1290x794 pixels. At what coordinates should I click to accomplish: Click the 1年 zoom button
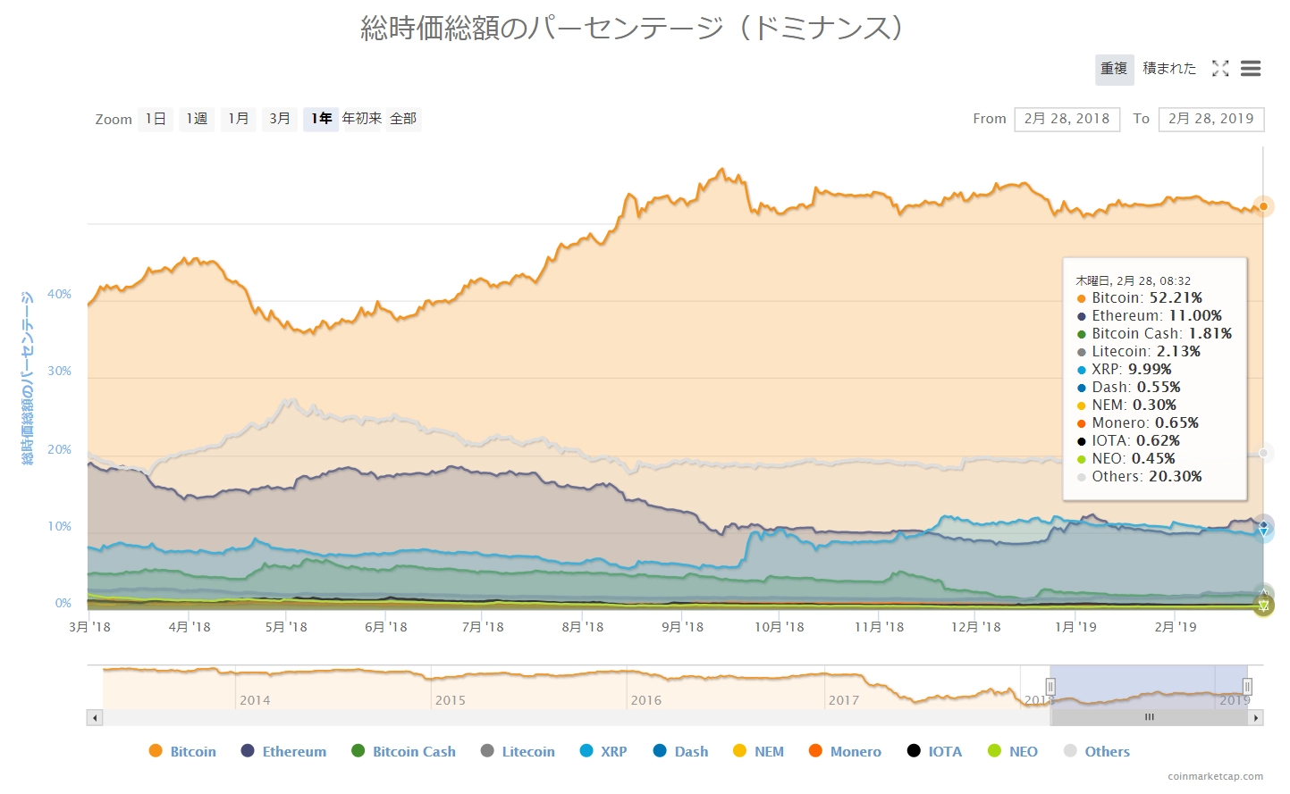tap(321, 119)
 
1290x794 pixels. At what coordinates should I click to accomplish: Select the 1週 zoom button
tap(197, 119)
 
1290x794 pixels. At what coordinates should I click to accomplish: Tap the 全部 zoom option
tap(403, 119)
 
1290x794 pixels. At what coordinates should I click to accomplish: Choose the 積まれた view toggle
tap(1168, 69)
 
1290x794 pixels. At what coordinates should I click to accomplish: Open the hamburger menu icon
tap(1251, 69)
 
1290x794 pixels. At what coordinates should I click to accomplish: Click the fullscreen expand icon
tap(1220, 69)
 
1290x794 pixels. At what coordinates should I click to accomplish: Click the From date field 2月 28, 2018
tap(1067, 119)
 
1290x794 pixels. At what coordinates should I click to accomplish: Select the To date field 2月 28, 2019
tap(1210, 119)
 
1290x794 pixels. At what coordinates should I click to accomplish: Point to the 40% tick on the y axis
tap(59, 294)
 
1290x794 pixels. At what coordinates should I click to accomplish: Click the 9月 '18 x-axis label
tap(682, 627)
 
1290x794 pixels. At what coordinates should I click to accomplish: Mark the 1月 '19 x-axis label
tap(1075, 627)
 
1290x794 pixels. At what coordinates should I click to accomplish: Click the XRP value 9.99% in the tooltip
tap(1149, 369)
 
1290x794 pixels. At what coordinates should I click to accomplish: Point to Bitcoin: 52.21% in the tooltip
tap(1140, 297)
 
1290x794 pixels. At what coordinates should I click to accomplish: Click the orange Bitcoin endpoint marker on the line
tap(1263, 206)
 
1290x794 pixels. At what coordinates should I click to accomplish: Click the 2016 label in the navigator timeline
tap(646, 700)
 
